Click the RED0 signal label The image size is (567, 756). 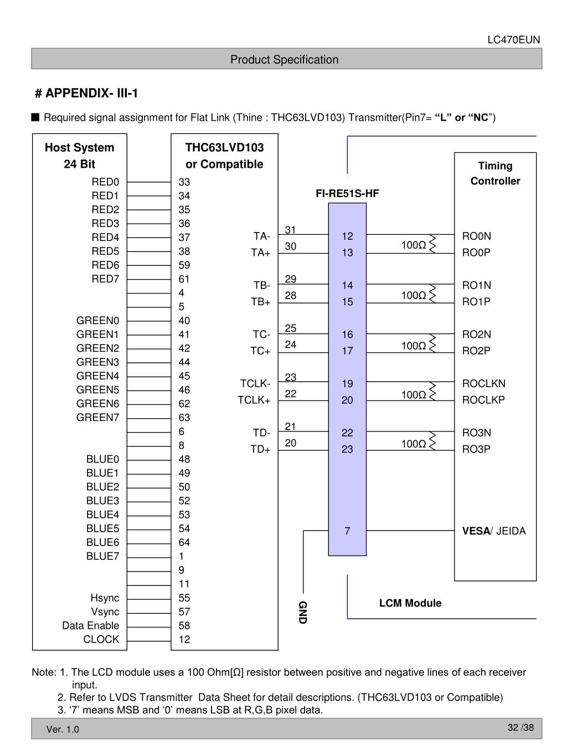105,182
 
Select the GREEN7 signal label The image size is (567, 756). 97,418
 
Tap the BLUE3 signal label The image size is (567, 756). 102,501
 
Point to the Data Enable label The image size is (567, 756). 90,625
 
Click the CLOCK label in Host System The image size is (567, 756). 101,639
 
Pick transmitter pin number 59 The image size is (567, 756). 184,265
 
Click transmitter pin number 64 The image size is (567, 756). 184,542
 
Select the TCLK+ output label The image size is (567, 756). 254,400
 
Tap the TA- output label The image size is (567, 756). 261,236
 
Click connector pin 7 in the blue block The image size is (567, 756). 347,531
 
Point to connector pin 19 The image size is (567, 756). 347,383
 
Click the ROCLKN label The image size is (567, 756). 483,383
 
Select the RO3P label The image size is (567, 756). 476,449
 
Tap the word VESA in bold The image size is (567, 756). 476,531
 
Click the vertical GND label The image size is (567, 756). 303,611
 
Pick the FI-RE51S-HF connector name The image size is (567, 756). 347,193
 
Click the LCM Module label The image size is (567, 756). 410,603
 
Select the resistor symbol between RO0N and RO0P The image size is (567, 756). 432,244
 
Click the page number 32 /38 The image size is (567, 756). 520,727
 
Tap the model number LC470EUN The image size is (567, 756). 513,40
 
